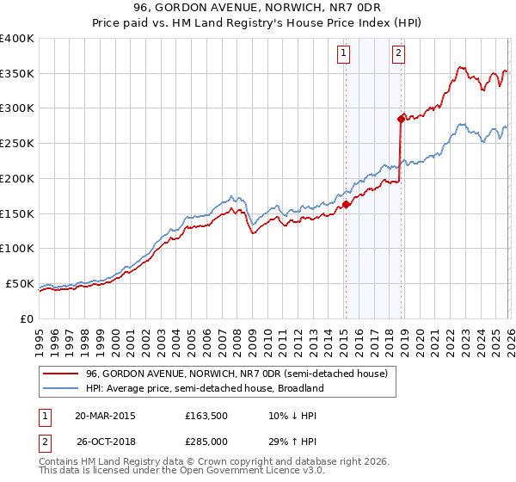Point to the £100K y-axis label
pyautogui.click(x=17, y=249)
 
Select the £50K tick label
pyautogui.click(x=19, y=283)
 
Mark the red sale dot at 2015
pyautogui.click(x=345, y=204)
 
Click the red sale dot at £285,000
pyautogui.click(x=400, y=119)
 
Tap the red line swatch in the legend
pyautogui.click(x=62, y=374)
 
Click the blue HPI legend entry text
pyautogui.click(x=205, y=388)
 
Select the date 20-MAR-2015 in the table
pyautogui.click(x=105, y=416)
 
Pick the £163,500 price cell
pyautogui.click(x=206, y=416)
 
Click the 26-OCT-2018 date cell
pyautogui.click(x=105, y=443)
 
